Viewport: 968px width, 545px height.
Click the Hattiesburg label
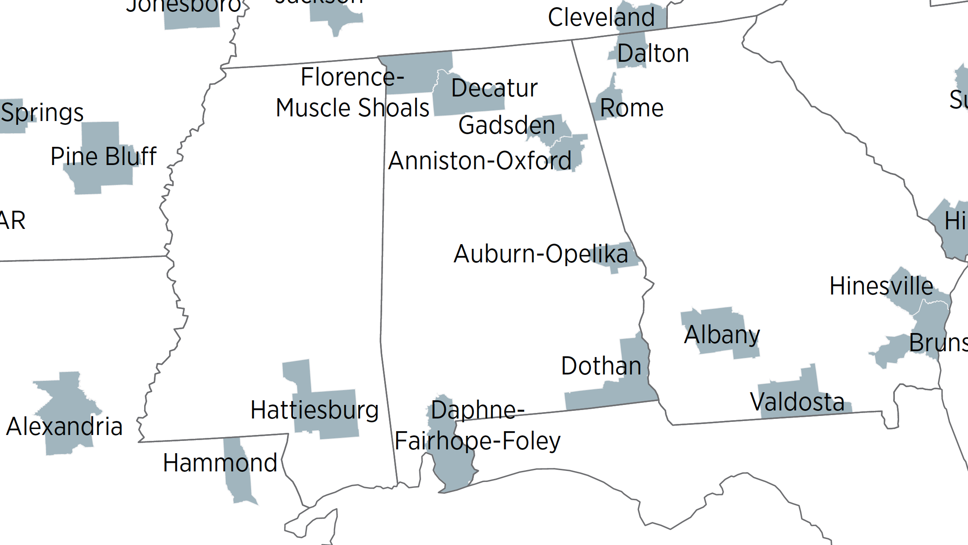pos(314,410)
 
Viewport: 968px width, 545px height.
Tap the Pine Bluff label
pos(103,156)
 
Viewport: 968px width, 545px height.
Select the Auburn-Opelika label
pos(541,254)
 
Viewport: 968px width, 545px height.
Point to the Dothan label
pos(601,366)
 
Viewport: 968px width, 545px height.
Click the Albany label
pos(722,335)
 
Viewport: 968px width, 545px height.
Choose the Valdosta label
pos(797,402)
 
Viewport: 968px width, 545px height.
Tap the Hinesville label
pos(881,286)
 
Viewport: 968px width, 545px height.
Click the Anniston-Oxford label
pos(480,161)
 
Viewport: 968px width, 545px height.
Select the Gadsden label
pos(506,126)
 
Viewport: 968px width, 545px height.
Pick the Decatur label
pos(494,88)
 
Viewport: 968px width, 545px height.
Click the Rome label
pos(632,108)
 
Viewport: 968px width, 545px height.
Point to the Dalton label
pos(653,54)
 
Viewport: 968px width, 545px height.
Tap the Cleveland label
pos(601,17)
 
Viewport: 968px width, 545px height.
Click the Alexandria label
pos(64,427)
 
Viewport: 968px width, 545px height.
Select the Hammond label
pos(220,463)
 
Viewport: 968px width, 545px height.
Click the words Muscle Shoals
pos(352,108)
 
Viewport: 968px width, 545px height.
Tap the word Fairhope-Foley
pos(477,441)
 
